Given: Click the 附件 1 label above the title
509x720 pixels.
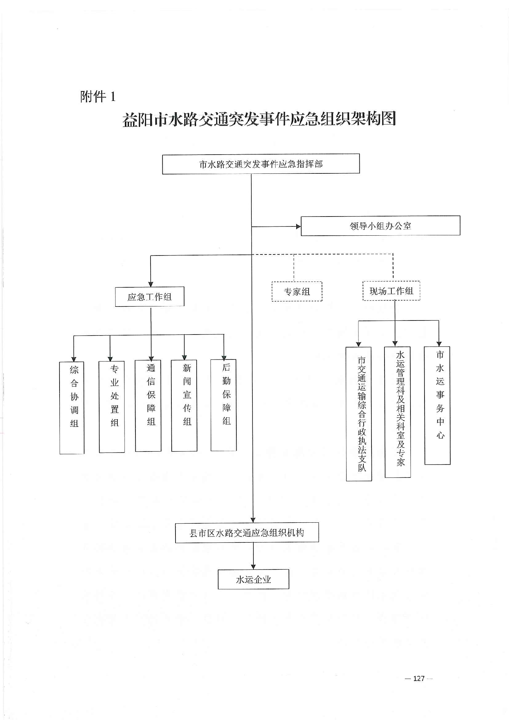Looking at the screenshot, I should click(98, 96).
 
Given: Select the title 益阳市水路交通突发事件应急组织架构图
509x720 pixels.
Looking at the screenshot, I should click(259, 119).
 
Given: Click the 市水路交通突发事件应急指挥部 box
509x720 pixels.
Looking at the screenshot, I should click(261, 164).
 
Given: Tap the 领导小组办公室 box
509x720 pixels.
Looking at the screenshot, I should click(380, 226).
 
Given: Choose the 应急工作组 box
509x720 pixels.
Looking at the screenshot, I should click(149, 297).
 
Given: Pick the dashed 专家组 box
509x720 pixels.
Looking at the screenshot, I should click(297, 291).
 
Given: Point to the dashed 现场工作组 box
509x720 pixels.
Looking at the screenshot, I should click(391, 291).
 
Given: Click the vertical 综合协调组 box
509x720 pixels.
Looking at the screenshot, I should click(72, 407).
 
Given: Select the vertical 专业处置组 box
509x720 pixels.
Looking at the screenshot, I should click(112, 407).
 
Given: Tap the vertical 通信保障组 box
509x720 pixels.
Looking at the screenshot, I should click(148, 406).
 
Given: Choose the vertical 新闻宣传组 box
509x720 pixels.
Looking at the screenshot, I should click(184, 405).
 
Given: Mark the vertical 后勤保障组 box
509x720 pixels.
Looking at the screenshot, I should click(223, 405).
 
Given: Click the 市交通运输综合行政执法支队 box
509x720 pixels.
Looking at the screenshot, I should click(359, 414).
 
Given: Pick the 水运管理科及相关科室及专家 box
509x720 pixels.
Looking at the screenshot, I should click(397, 412).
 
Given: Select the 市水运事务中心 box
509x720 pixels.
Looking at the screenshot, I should click(438, 405).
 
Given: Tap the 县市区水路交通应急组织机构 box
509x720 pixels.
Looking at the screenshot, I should click(247, 533).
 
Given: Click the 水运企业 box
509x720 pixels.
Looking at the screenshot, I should click(253, 579).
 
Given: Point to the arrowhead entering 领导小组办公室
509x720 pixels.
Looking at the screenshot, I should click(298, 226).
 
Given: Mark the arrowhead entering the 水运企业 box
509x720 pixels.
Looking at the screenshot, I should click(253, 567).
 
